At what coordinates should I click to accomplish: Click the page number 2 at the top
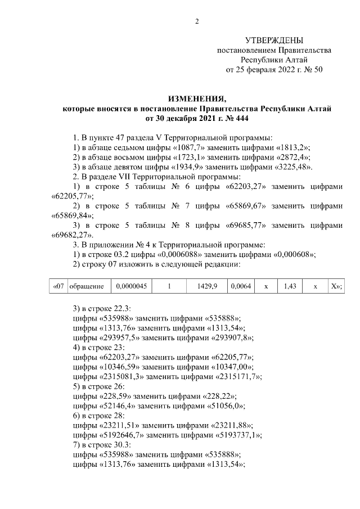(x=197, y=22)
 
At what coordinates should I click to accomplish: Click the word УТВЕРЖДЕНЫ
(x=274, y=40)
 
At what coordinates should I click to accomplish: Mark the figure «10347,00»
(x=227, y=367)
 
